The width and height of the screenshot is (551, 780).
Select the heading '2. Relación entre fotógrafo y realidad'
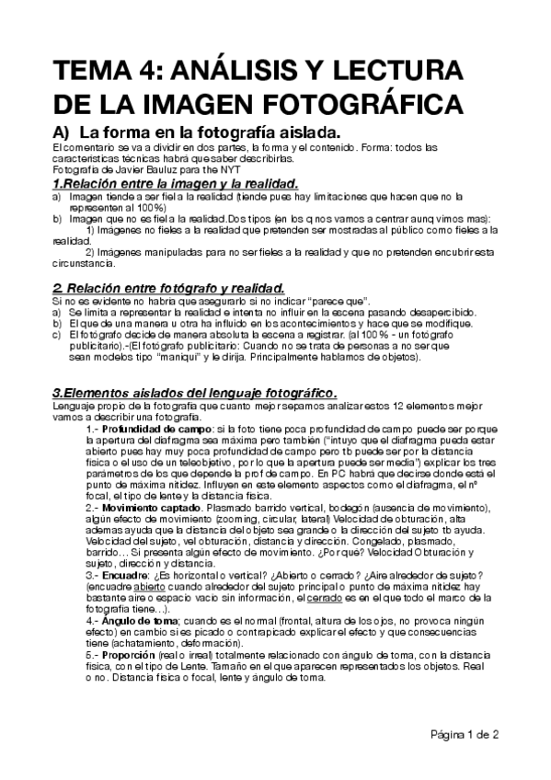(x=168, y=289)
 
